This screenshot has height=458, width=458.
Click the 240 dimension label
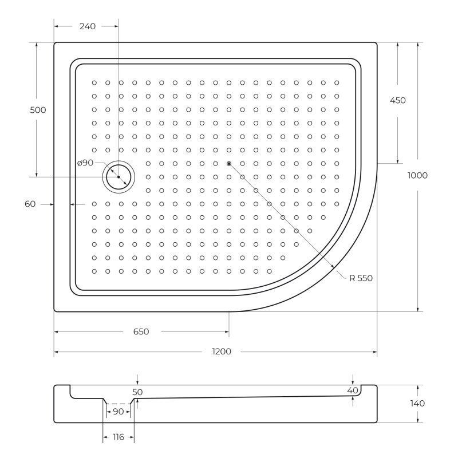[x=88, y=26]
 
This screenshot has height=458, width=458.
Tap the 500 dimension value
[x=38, y=110]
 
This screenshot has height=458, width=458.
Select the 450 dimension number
[x=398, y=101]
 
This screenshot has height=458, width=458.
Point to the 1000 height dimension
[x=417, y=176]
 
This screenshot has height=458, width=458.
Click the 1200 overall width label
[x=222, y=352]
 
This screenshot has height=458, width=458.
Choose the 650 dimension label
[x=141, y=332]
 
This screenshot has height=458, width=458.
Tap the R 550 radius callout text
[x=361, y=278]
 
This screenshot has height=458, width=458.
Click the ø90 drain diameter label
[x=85, y=163]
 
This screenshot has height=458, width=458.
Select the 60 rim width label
[x=30, y=204]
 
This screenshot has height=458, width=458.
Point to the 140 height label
[x=417, y=404]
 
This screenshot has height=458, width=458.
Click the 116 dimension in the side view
[x=119, y=437]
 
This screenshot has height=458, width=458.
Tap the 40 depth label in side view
[x=353, y=390]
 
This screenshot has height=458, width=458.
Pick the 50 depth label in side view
[x=137, y=392]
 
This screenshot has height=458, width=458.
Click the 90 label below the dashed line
[x=119, y=412]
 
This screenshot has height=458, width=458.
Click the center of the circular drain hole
[x=119, y=177]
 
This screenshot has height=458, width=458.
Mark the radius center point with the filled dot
[x=229, y=164]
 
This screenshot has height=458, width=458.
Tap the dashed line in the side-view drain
[x=119, y=404]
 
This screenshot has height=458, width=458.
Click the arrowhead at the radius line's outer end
[x=332, y=265]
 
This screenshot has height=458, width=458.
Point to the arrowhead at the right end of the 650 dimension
[x=226, y=332]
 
